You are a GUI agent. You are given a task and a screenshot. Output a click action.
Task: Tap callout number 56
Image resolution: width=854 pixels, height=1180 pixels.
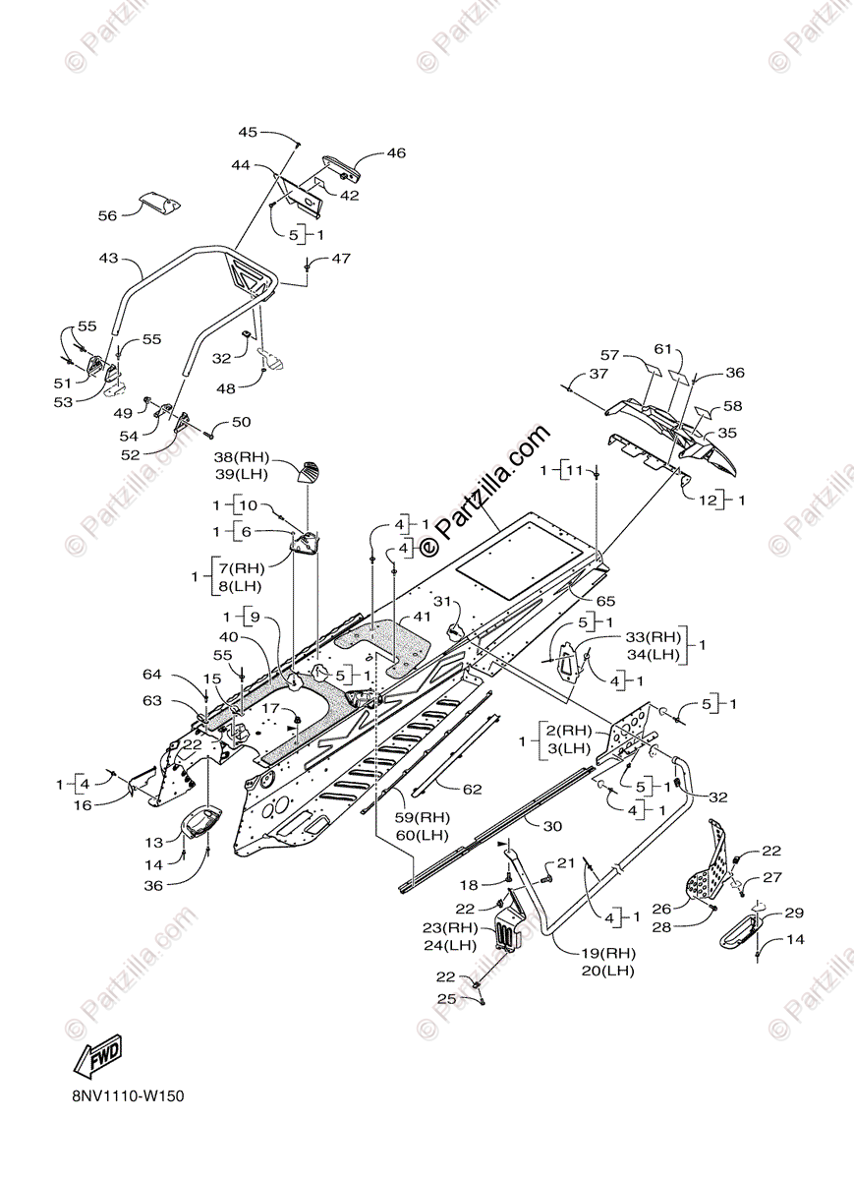point(107,215)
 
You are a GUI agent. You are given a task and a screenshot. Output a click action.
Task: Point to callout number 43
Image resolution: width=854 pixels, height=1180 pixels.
point(107,259)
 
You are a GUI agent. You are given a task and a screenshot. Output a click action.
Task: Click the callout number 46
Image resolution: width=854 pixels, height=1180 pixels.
point(395,153)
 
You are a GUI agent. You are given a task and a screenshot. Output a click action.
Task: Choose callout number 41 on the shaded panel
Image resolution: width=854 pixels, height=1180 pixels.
point(423,617)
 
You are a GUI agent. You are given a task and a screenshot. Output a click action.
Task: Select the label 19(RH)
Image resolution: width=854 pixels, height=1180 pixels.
point(606,953)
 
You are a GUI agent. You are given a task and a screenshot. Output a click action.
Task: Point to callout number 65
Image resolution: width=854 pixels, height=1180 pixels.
point(604,599)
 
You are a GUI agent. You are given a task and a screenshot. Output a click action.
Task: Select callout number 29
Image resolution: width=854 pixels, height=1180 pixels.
point(793,914)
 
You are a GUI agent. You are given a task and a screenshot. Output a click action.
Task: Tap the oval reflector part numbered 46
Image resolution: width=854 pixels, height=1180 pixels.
point(343,169)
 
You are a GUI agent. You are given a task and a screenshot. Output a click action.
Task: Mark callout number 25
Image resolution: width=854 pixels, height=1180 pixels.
point(447,999)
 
